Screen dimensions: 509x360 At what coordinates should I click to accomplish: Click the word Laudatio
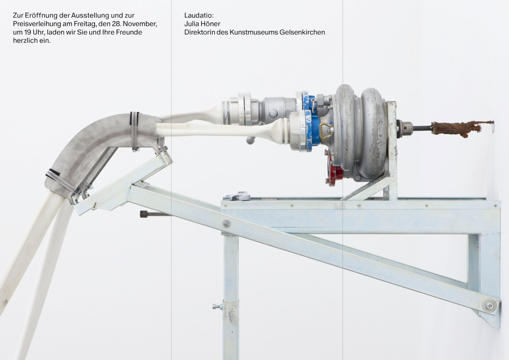tap(199, 15)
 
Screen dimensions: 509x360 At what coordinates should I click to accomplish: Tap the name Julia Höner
tap(202, 24)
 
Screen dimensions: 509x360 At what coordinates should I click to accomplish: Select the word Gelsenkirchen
tap(302, 32)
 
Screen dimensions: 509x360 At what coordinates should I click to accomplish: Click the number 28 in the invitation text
tap(116, 24)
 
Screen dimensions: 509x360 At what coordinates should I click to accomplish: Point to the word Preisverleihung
tap(37, 24)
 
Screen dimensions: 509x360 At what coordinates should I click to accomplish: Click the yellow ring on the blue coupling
tap(326, 130)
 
